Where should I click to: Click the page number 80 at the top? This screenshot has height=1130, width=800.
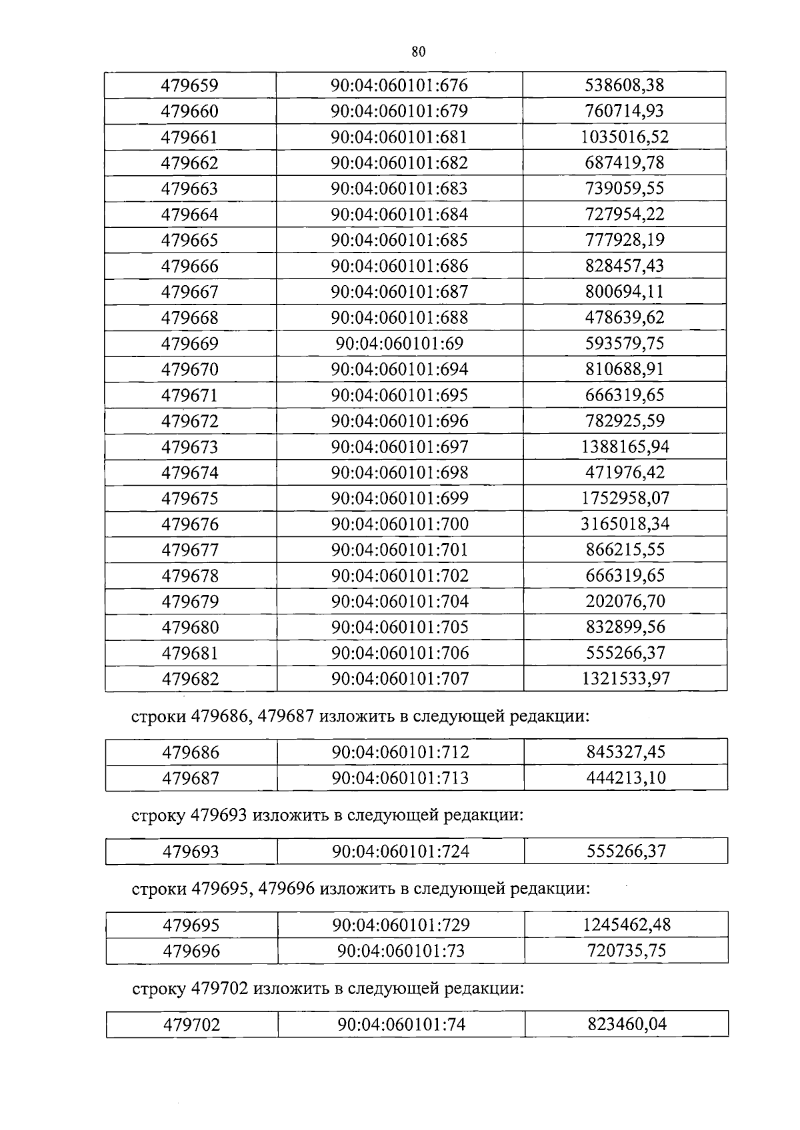click(418, 52)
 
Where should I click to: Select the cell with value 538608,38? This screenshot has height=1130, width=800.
click(625, 85)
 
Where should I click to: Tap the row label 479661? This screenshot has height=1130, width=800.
click(190, 137)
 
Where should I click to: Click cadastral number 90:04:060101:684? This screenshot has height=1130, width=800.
click(399, 215)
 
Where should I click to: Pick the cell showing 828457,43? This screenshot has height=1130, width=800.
click(625, 266)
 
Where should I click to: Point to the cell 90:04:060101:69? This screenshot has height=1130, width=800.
click(399, 344)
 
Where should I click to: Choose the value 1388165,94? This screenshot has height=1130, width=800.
click(625, 447)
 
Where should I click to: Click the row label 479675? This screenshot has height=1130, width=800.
click(190, 498)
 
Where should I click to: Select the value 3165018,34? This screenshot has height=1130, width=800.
click(625, 524)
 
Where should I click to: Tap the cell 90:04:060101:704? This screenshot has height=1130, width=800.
click(400, 602)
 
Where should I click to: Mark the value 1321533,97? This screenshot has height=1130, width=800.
click(625, 679)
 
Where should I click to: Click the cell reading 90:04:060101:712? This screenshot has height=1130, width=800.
click(401, 752)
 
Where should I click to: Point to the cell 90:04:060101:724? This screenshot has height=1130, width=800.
click(401, 851)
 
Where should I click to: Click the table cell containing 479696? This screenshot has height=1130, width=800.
click(191, 951)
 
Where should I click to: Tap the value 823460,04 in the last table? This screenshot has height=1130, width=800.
click(627, 1024)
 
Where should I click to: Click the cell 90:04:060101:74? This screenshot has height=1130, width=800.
click(401, 1024)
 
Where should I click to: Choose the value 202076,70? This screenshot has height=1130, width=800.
click(625, 602)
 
